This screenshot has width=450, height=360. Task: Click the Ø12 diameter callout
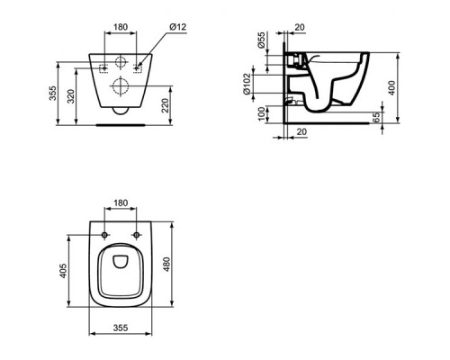[x=178, y=27]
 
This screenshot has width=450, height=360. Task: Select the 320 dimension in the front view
[x=71, y=96]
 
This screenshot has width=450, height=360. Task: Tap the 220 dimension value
[x=166, y=105]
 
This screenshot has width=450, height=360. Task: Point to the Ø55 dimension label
[x=261, y=40]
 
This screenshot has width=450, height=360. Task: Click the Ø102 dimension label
[x=247, y=84]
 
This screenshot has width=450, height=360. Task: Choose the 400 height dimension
[x=391, y=88]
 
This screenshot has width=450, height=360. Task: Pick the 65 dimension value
[x=376, y=117]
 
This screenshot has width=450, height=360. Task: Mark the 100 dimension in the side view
[x=262, y=113]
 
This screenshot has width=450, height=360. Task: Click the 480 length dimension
[x=166, y=264]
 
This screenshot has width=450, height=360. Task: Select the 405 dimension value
[x=63, y=271]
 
